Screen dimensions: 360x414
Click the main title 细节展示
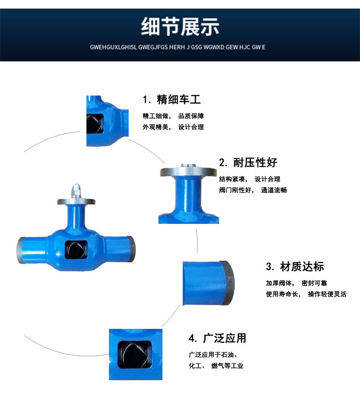[x=180, y=27]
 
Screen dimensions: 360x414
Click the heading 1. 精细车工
[x=172, y=100]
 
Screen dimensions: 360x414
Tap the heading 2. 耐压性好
[x=248, y=163]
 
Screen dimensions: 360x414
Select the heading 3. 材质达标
[x=295, y=267]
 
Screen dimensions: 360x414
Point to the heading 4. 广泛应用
[x=217, y=338]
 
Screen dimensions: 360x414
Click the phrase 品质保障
[x=191, y=116]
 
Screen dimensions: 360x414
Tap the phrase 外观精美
[x=155, y=127]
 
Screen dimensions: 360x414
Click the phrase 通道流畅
[x=274, y=190]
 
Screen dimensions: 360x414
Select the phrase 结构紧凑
[x=232, y=179]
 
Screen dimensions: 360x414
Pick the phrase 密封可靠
[x=314, y=283]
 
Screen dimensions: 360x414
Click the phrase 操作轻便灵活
[x=327, y=294]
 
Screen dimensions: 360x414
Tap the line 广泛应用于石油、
[x=213, y=355]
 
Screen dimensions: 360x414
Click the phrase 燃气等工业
[x=227, y=366]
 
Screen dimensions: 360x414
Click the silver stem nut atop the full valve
[x=76, y=191]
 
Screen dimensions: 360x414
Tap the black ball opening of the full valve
[x=76, y=250]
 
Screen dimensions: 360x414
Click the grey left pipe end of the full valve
[x=21, y=250]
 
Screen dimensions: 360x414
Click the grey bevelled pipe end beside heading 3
[x=229, y=283]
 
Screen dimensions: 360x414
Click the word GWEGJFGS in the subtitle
[x=153, y=47]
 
